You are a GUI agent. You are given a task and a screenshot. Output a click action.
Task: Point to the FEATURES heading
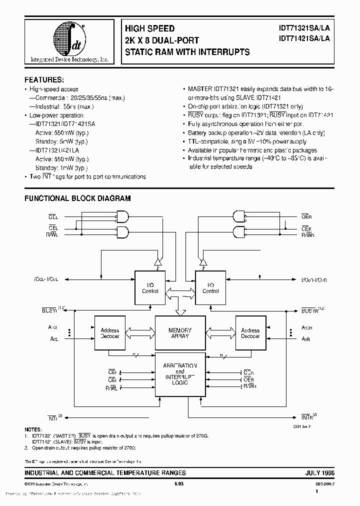[x=44, y=79]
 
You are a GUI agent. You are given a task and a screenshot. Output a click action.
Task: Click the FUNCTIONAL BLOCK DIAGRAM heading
[x=77, y=198]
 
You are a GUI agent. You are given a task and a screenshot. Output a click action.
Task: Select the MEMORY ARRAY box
[x=180, y=333]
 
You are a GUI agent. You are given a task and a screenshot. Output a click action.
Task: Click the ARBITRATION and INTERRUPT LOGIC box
[x=180, y=375]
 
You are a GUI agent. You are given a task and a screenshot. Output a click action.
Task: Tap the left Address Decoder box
[x=110, y=333]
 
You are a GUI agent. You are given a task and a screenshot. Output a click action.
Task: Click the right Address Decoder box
[x=250, y=333]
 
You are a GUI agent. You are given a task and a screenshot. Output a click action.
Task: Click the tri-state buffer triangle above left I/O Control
[x=157, y=261]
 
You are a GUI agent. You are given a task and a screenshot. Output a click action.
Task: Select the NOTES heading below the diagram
[x=34, y=429]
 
